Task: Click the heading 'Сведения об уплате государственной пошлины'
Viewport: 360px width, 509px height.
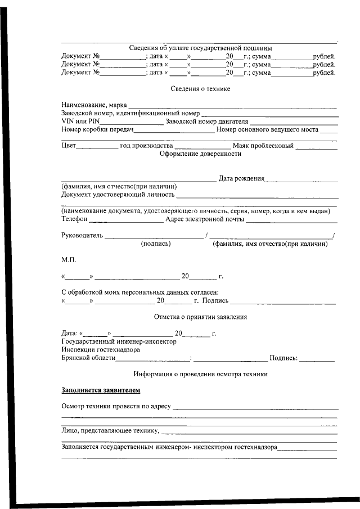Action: [x=200, y=48]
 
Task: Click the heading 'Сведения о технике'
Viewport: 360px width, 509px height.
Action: [x=200, y=89]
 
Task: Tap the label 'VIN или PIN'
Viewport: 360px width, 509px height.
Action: [x=80, y=121]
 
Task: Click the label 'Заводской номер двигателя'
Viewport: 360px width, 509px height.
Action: [x=206, y=121]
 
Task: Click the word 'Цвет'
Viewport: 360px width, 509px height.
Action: [x=68, y=146]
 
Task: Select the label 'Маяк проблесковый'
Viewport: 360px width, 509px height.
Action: [x=263, y=146]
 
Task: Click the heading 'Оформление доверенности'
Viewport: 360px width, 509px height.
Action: [x=200, y=154]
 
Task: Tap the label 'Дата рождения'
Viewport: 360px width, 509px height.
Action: [x=241, y=178]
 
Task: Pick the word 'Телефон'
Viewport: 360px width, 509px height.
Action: [x=74, y=219]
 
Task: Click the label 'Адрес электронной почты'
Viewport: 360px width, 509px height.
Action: [x=205, y=219]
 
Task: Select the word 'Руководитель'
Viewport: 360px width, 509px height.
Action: [x=82, y=235]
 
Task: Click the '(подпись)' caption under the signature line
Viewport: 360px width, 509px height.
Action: [x=156, y=244]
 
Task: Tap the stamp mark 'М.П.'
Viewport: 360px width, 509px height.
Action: [x=68, y=260]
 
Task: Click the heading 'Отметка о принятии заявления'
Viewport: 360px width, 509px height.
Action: [x=200, y=317]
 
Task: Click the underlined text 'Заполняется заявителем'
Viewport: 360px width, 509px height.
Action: [x=101, y=390]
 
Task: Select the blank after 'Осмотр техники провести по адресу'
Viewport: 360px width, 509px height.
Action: [x=255, y=407]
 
